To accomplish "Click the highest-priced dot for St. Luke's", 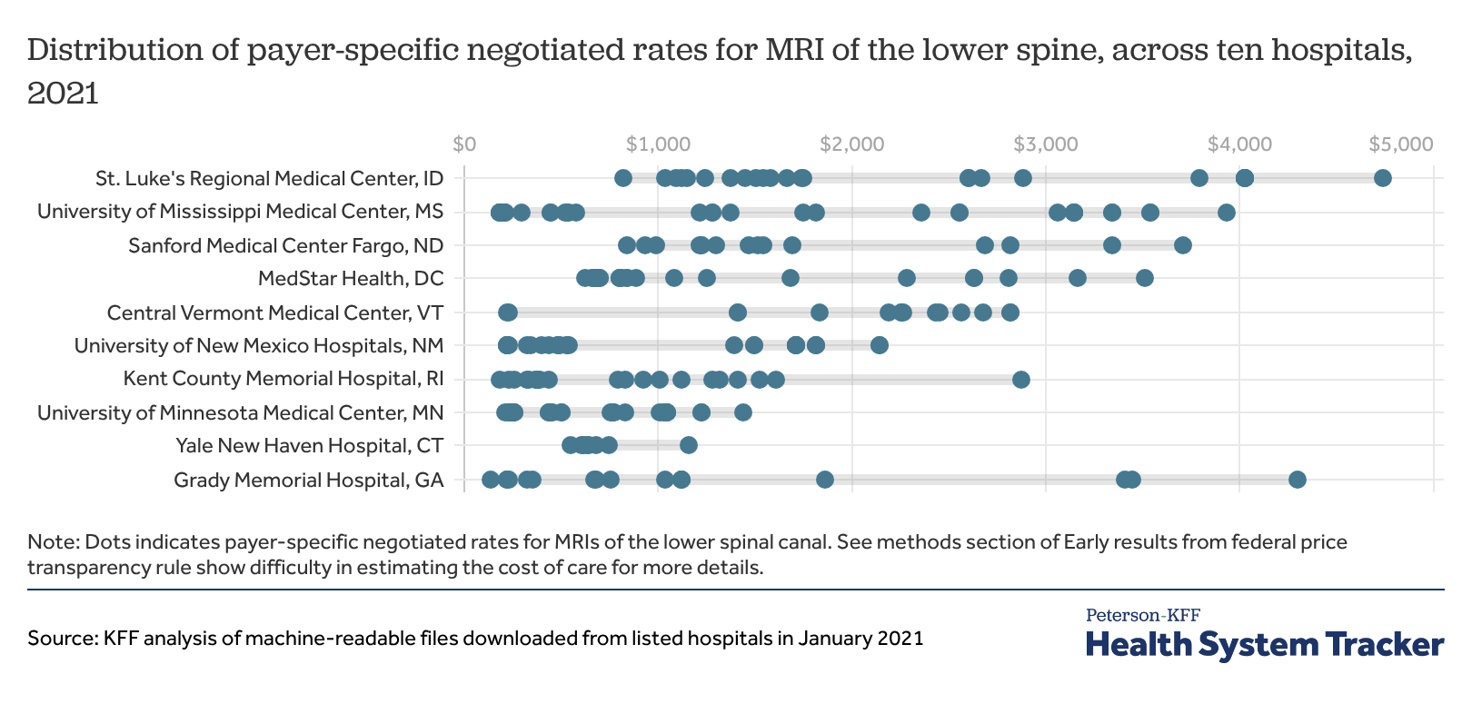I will coord(1382,178).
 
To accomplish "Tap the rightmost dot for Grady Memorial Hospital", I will coord(1297,480).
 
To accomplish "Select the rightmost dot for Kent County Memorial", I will coord(1020,379).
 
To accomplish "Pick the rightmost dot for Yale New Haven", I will coord(688,445).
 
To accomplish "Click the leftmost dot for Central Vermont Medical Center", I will coord(508,312).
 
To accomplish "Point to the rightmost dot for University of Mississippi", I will coord(1226,213).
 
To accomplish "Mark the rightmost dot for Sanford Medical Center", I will coord(1182,245).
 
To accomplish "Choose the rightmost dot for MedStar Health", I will coord(1144,278).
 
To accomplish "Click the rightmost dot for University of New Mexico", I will coord(879,345).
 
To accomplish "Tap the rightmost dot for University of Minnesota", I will coord(742,412).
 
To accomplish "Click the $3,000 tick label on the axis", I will coord(1046,144).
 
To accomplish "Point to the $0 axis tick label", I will coord(464,144).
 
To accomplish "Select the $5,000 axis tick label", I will coord(1401,144).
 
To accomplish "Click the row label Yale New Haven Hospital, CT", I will coord(309,445).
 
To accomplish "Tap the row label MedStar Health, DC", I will coord(351,278).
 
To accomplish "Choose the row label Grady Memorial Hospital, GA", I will coord(308,480).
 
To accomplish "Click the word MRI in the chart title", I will coord(795,49).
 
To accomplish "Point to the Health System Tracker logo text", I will coord(1264,644).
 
